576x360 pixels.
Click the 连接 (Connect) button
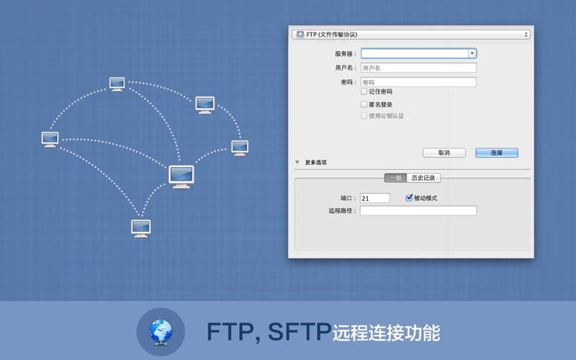497,153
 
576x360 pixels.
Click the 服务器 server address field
414,53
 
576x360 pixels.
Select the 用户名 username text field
418,68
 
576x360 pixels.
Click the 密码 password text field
418,82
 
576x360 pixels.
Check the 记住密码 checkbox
364,91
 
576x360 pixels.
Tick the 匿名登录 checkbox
364,104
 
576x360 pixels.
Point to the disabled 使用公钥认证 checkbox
364,115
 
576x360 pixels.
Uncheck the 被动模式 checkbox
409,198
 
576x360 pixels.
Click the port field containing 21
374,198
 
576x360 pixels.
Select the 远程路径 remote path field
418,211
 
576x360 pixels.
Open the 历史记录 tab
423,178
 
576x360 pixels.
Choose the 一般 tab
395,178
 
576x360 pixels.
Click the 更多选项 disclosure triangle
297,163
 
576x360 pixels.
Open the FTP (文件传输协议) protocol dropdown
411,34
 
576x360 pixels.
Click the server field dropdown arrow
472,53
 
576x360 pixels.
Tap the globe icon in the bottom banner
161,332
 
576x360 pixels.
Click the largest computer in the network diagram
181,176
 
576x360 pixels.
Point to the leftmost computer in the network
50,139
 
